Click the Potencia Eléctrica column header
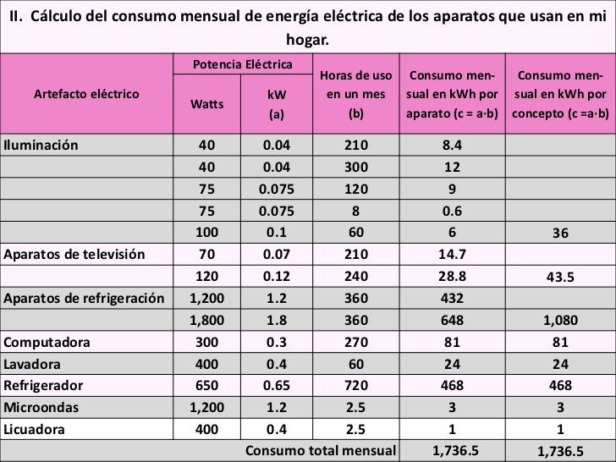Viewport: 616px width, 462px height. click(243, 65)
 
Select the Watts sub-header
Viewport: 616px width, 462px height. click(206, 105)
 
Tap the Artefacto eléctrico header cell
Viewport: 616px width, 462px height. click(86, 94)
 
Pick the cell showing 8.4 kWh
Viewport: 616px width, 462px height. click(452, 144)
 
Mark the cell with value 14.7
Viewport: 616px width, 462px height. click(452, 253)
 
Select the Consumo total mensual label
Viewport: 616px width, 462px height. click(320, 448)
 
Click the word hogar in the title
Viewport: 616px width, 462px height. click(308, 40)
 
